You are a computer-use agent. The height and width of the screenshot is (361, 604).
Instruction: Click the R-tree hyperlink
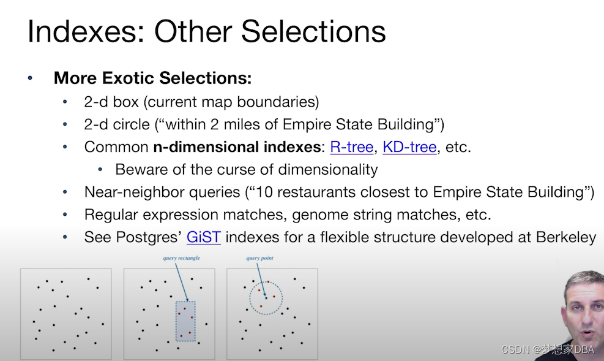pyautogui.click(x=352, y=147)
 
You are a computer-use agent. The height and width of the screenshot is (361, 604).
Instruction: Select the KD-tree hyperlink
pyautogui.click(x=409, y=147)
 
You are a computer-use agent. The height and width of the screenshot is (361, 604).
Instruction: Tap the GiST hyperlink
pyautogui.click(x=203, y=237)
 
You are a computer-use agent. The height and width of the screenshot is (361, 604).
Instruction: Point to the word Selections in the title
pyautogui.click(x=313, y=31)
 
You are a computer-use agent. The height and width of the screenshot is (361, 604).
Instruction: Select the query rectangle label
pyautogui.click(x=181, y=258)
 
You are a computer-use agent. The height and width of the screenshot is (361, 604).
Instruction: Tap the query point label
pyautogui.click(x=259, y=258)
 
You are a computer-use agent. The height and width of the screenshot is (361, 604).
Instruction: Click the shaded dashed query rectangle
pyautogui.click(x=185, y=321)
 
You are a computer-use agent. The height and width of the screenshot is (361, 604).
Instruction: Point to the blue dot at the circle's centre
pyautogui.click(x=266, y=298)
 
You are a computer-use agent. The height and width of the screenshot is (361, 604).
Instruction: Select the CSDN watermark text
pyautogui.click(x=548, y=349)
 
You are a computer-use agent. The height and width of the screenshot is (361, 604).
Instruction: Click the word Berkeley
pyautogui.click(x=566, y=237)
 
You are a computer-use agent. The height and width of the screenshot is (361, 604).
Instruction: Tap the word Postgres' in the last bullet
pyautogui.click(x=149, y=237)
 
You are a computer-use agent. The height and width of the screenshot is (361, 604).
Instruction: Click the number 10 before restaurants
pyautogui.click(x=264, y=192)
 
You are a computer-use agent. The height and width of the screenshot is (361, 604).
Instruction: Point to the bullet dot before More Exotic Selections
pyautogui.click(x=30, y=78)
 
